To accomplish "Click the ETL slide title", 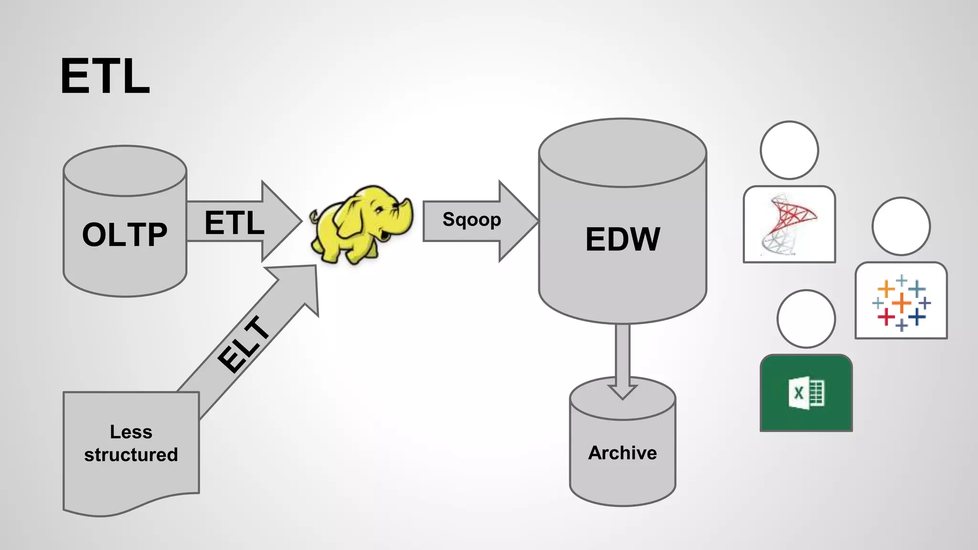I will (105, 76).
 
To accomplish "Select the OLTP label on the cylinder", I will (125, 234).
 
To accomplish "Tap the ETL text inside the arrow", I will (234, 222).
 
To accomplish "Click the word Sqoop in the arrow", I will (471, 220).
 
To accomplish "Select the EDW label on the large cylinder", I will (623, 239).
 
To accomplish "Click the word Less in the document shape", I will (131, 432).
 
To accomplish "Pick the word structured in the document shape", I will (131, 455).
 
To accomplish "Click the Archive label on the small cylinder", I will (622, 453).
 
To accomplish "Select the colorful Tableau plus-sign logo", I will (901, 302).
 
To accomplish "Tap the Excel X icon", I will (806, 393).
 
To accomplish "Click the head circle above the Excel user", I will (806, 318).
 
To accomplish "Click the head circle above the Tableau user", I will (901, 226).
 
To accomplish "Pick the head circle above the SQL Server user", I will (789, 150).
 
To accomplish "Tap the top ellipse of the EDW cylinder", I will (622, 153).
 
